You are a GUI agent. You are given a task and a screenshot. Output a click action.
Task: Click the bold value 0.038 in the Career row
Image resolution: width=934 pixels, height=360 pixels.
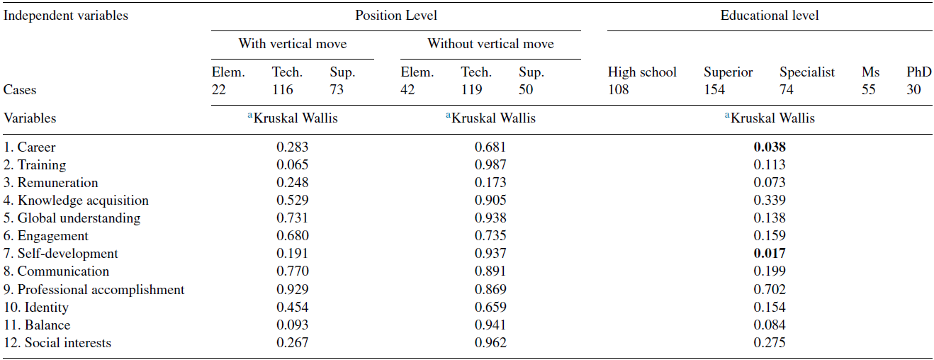tap(770, 147)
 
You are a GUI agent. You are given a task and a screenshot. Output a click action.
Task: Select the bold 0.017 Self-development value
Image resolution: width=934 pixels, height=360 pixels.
tap(770, 254)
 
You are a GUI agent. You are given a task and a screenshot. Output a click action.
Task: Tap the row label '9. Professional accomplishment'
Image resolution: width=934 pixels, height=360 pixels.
tap(94, 290)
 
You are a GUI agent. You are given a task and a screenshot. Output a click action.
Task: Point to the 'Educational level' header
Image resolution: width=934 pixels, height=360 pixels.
tap(770, 15)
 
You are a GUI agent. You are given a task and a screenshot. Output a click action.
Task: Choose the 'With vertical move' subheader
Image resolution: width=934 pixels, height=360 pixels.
tap(293, 44)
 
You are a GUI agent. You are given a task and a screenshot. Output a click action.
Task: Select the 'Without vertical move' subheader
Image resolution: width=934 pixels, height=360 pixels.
tap(490, 44)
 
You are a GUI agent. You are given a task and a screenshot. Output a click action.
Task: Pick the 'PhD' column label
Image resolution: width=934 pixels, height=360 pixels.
tap(919, 72)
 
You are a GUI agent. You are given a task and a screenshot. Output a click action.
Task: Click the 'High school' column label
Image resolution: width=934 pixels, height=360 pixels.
tap(642, 72)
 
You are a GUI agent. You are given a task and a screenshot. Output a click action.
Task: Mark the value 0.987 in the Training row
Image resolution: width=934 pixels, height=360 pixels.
tap(490, 165)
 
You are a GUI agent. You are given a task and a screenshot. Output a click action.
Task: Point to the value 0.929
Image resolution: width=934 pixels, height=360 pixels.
tap(293, 290)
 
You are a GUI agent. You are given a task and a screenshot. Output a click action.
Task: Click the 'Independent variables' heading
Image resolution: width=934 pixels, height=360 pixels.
tap(66, 15)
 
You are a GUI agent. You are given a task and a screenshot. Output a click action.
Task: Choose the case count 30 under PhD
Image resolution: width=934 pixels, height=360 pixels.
tap(914, 90)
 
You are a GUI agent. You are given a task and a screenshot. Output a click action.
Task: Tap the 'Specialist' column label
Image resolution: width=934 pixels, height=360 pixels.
tap(807, 72)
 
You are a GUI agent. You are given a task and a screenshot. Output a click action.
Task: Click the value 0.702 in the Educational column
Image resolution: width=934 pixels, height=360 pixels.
tap(770, 290)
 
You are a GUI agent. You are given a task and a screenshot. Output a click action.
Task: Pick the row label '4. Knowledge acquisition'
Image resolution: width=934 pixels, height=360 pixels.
tap(76, 201)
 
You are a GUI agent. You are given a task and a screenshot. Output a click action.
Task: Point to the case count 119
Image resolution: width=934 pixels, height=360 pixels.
tap(472, 90)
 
